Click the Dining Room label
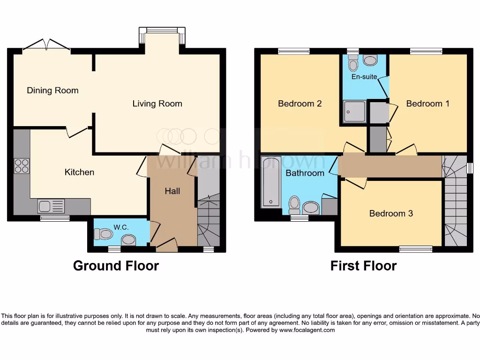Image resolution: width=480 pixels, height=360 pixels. click(x=52, y=90)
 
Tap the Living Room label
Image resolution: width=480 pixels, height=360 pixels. click(x=157, y=104)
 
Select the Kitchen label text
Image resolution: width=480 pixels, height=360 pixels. click(x=79, y=172)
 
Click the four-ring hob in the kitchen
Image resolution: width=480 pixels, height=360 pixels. click(x=22, y=166)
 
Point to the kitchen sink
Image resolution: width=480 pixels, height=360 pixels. click(x=51, y=206)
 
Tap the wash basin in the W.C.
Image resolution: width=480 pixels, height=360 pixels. click(x=128, y=240)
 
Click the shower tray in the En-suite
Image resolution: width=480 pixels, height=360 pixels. click(x=354, y=111)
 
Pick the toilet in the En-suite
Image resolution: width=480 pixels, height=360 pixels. click(x=352, y=61)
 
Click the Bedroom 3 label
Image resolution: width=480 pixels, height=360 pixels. click(x=391, y=213)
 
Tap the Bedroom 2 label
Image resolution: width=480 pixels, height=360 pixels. click(x=300, y=104)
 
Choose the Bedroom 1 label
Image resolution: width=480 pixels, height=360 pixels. click(x=427, y=104)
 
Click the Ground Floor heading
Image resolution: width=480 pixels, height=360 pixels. click(x=116, y=266)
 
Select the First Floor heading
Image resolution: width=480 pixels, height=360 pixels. click(x=363, y=266)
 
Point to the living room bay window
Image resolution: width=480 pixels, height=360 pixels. click(x=162, y=31)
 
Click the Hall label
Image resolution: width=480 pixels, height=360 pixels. click(x=172, y=191)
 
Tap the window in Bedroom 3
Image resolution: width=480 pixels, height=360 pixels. click(x=416, y=248)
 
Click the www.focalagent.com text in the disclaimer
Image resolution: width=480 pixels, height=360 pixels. click(x=307, y=330)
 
